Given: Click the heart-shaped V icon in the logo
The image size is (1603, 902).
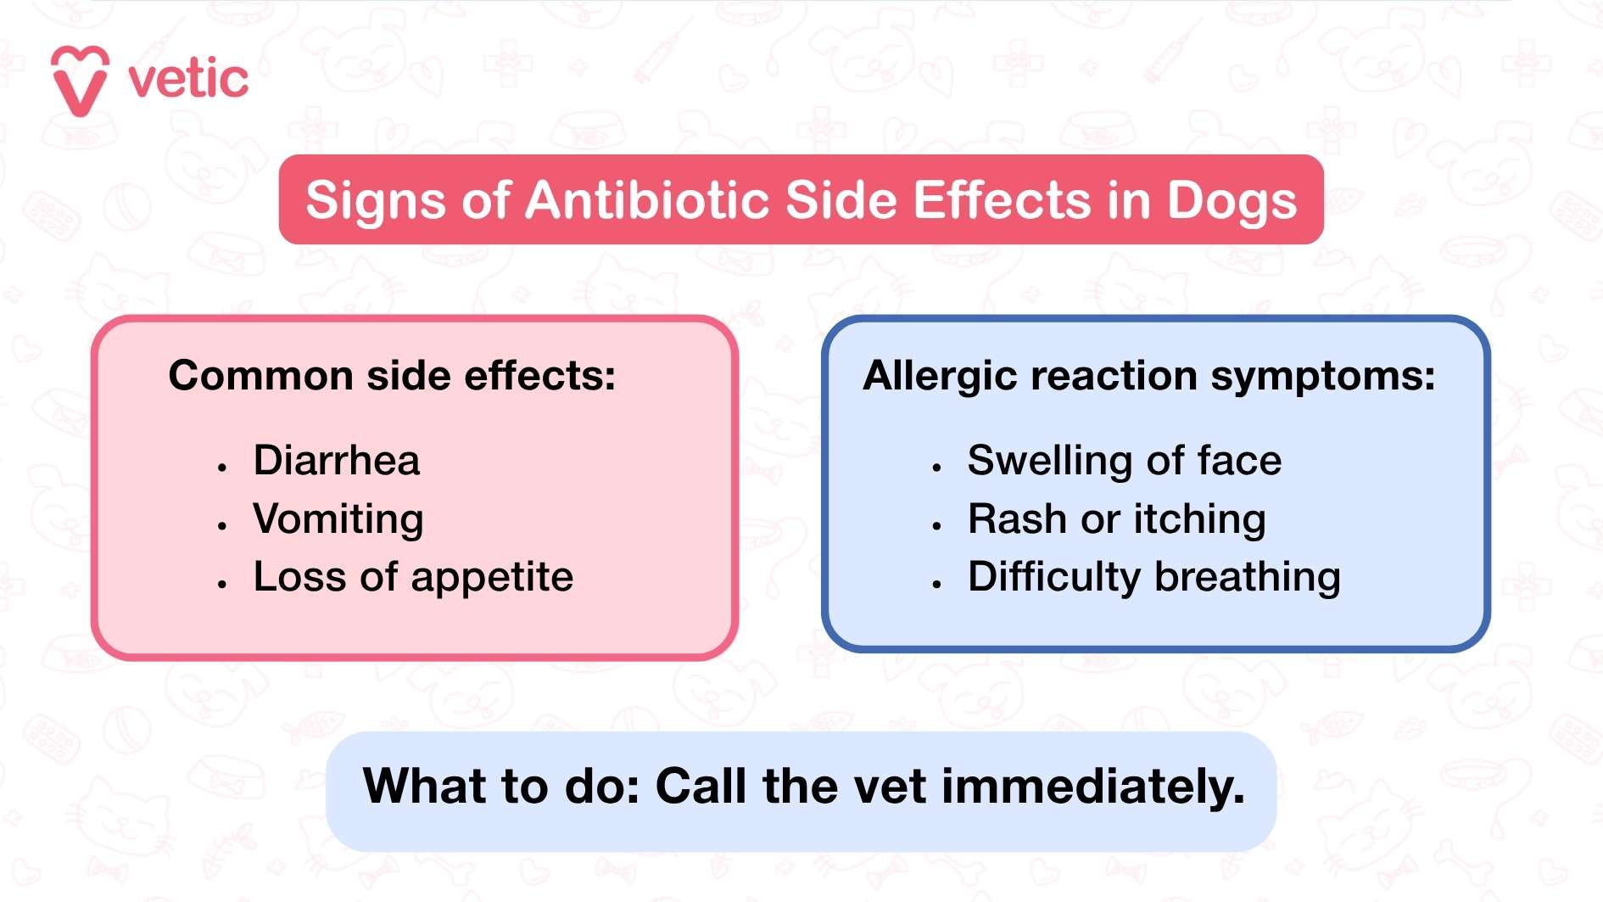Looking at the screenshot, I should point(80,81).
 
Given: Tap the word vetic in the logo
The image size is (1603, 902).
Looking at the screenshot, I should point(188,80).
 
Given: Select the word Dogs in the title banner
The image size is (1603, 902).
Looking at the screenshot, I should point(1232,202).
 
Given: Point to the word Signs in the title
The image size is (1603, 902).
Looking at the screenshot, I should point(375,202).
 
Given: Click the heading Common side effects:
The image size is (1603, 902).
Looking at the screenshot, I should point(392,375).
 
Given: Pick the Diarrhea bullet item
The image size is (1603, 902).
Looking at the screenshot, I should point(336,461).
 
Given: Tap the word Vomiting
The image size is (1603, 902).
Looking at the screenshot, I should point(338,519).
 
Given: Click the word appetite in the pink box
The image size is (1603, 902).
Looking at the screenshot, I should point(492,578).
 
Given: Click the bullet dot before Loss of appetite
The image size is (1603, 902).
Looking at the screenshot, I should point(222,584).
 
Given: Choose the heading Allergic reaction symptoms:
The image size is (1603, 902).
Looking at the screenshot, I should point(1148,375).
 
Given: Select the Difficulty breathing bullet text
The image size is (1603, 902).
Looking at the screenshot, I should point(1153,578).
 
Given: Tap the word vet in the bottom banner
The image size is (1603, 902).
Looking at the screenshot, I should point(890,786).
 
